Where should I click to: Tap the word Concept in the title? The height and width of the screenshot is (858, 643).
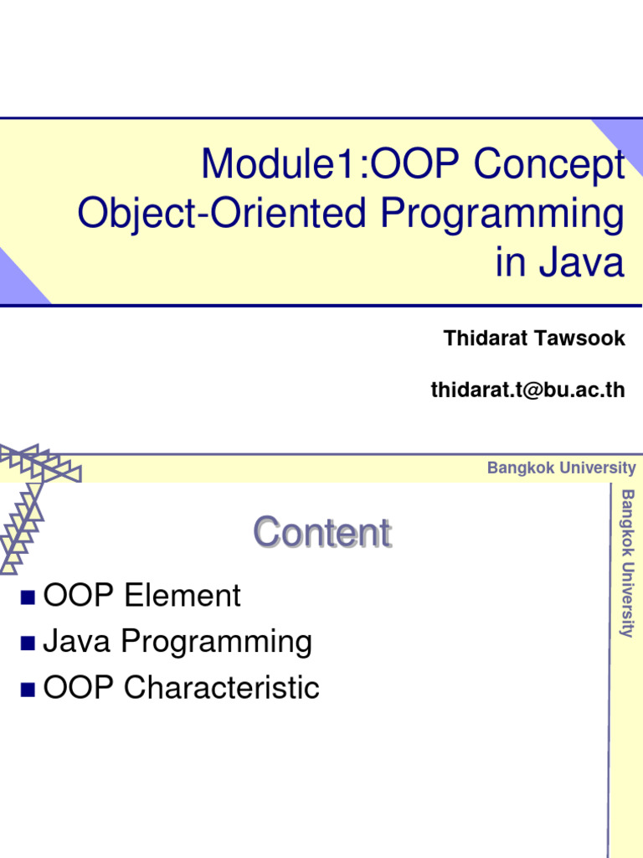(549, 165)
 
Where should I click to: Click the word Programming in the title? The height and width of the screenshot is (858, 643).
(503, 214)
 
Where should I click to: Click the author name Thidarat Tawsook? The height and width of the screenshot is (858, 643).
(534, 339)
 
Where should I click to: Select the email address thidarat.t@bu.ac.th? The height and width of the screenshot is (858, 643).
(527, 390)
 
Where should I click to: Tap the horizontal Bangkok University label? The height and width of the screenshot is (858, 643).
(561, 468)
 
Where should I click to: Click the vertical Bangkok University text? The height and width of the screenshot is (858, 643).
(626, 564)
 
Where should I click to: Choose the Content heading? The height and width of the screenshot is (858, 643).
(322, 533)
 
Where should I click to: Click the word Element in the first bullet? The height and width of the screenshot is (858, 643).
(182, 597)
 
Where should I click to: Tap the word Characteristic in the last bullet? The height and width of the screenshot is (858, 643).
(221, 689)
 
